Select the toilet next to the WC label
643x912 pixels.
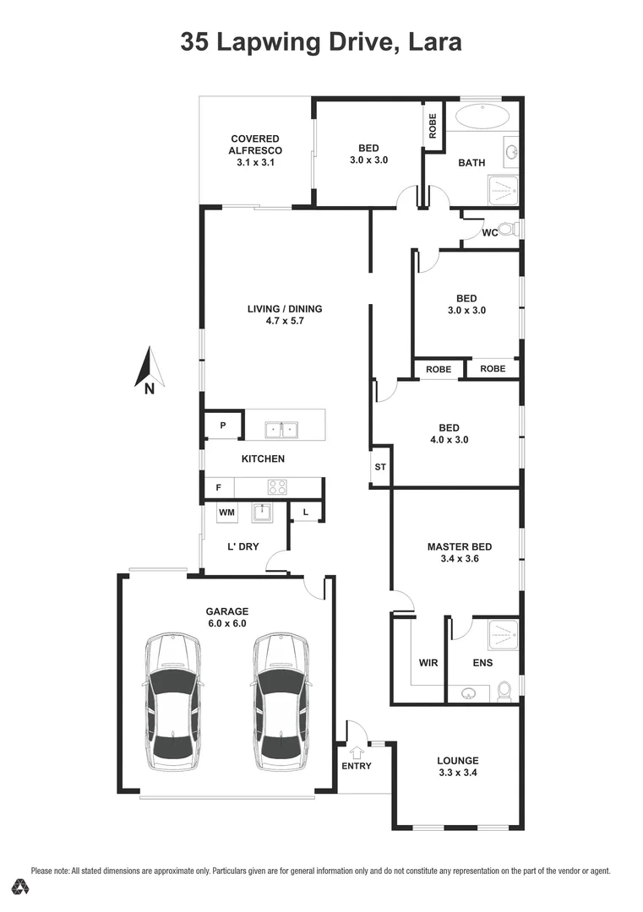click(508, 229)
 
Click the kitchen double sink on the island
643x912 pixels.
click(280, 430)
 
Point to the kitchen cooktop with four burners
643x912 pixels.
click(277, 487)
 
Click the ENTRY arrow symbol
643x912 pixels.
click(356, 751)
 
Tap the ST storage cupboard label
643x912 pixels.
click(380, 466)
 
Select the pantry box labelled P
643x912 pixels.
click(223, 426)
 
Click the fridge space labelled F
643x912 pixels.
click(219, 488)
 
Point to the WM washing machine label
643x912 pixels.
click(226, 513)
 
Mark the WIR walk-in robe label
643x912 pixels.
click(428, 663)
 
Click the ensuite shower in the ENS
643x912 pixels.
click(504, 632)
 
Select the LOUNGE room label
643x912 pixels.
click(458, 760)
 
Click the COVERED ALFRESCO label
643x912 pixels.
click(254, 144)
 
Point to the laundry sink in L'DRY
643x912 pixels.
click(262, 513)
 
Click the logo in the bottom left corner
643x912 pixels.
click(20, 887)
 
